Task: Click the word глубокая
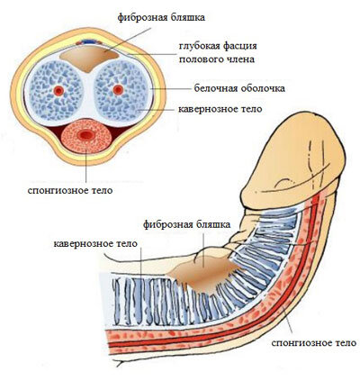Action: [x=199, y=46]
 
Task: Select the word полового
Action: [x=199, y=59]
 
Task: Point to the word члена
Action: [x=238, y=59]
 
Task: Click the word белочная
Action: [x=213, y=88]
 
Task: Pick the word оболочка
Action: [x=261, y=88]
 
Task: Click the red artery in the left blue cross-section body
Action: [x=58, y=90]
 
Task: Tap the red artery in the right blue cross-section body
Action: [x=118, y=89]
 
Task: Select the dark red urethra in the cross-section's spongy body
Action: [x=86, y=135]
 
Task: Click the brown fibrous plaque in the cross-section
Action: [x=88, y=59]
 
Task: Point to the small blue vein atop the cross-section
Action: [x=88, y=41]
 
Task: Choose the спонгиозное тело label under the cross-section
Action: [x=70, y=190]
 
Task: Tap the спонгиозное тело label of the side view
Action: [x=313, y=342]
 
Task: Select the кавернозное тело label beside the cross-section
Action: [x=220, y=109]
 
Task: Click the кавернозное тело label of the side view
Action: [x=95, y=243]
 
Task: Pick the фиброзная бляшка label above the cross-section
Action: [x=161, y=17]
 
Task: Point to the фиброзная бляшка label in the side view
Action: [x=186, y=224]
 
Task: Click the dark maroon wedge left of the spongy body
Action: [x=56, y=132]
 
